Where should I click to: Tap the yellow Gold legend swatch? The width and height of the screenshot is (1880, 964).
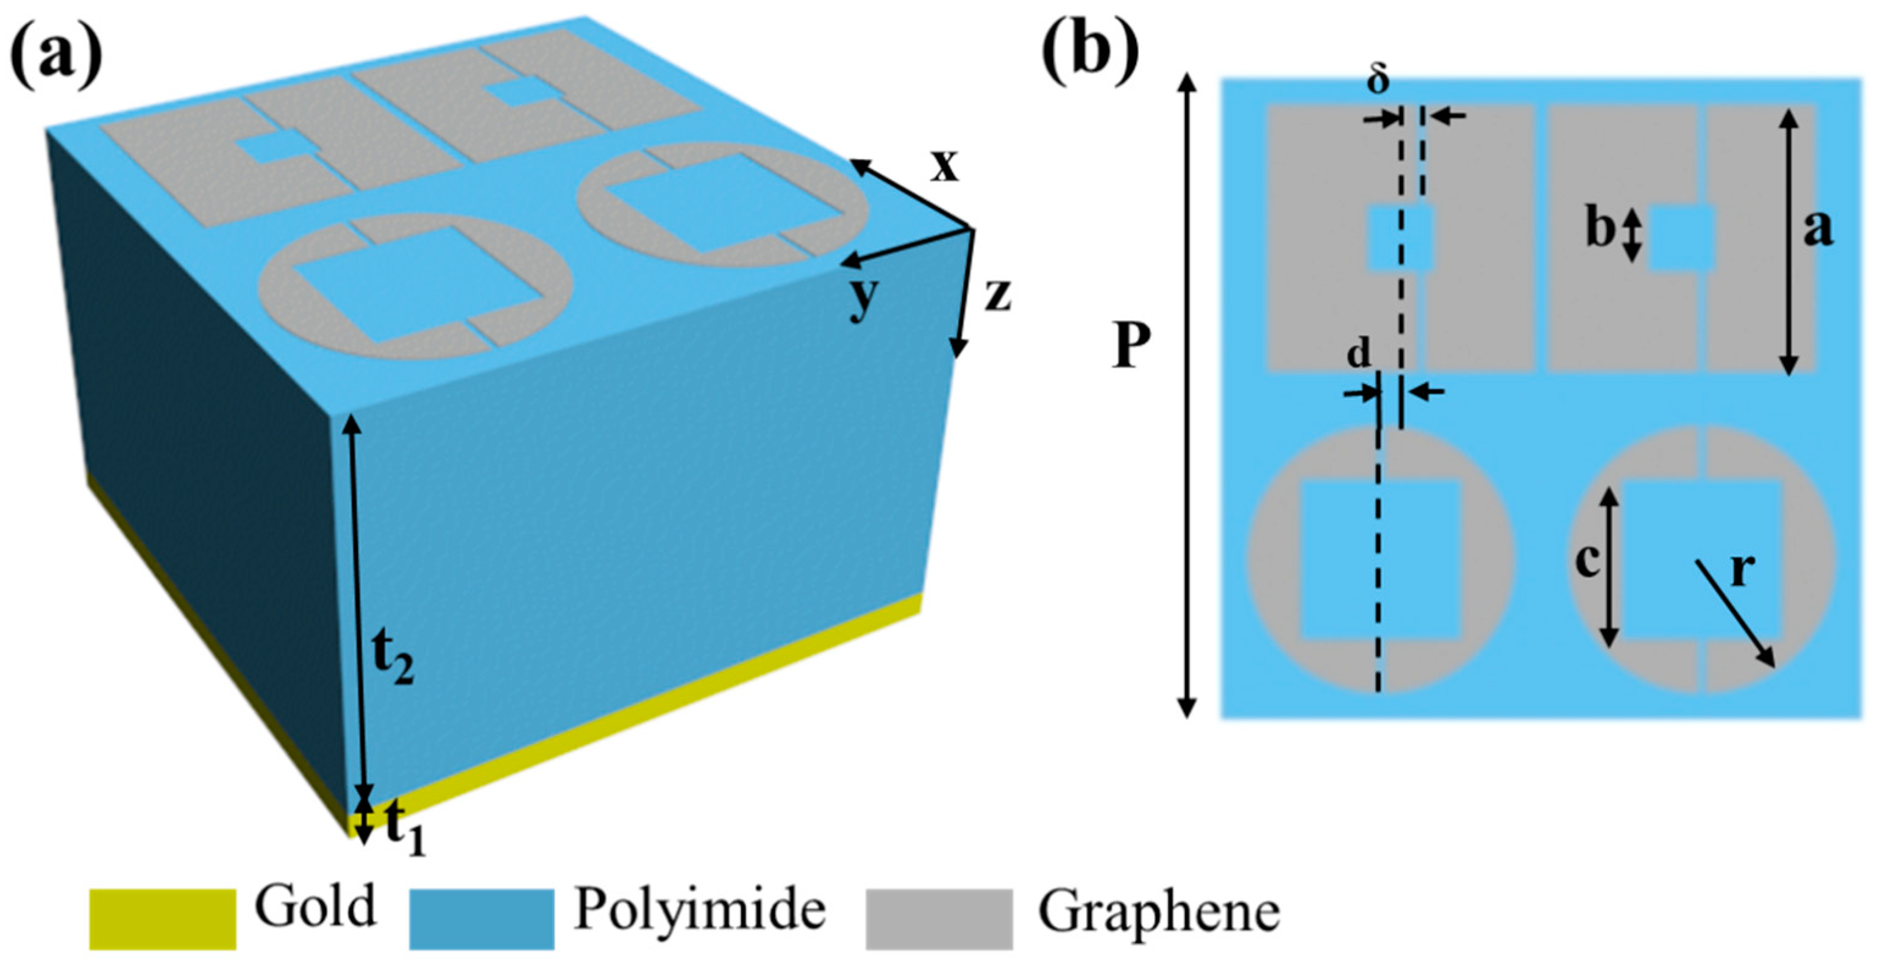[x=162, y=918]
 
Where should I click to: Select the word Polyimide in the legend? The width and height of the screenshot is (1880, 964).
[x=699, y=911]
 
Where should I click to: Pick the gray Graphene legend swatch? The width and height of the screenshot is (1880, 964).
[x=939, y=918]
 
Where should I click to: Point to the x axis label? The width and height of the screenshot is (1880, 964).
[x=944, y=167]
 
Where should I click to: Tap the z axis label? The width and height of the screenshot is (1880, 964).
[x=997, y=296]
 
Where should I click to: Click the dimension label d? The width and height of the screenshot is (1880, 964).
[x=1358, y=355]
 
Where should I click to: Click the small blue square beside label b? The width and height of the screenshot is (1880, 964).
[x=1681, y=238]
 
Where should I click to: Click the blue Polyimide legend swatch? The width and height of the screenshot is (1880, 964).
[x=481, y=918]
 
